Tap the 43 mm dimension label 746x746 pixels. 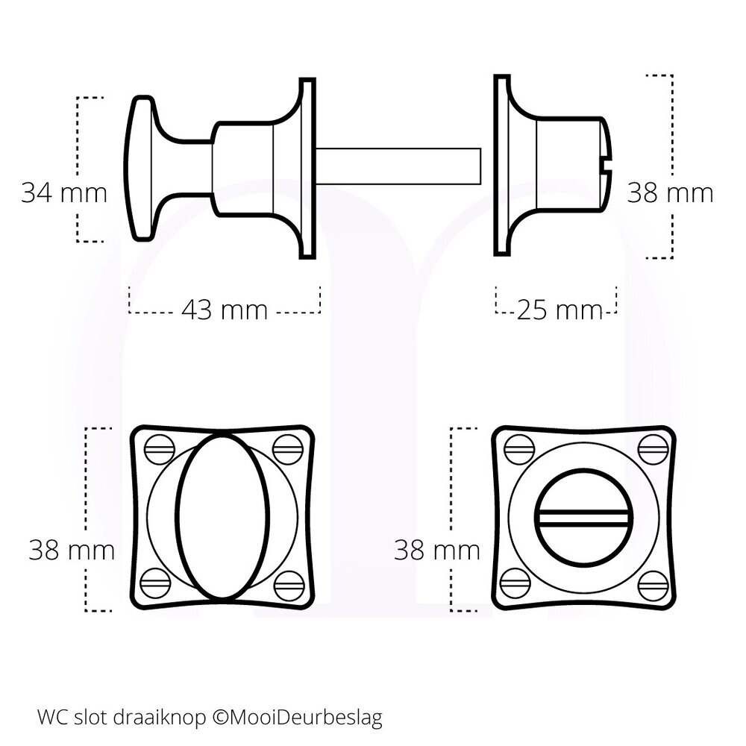tap(224, 309)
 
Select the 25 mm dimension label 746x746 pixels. tap(559, 309)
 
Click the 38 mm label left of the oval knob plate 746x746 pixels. tap(72, 551)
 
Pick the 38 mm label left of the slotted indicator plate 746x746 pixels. tap(437, 551)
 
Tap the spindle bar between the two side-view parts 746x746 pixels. tap(399, 166)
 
